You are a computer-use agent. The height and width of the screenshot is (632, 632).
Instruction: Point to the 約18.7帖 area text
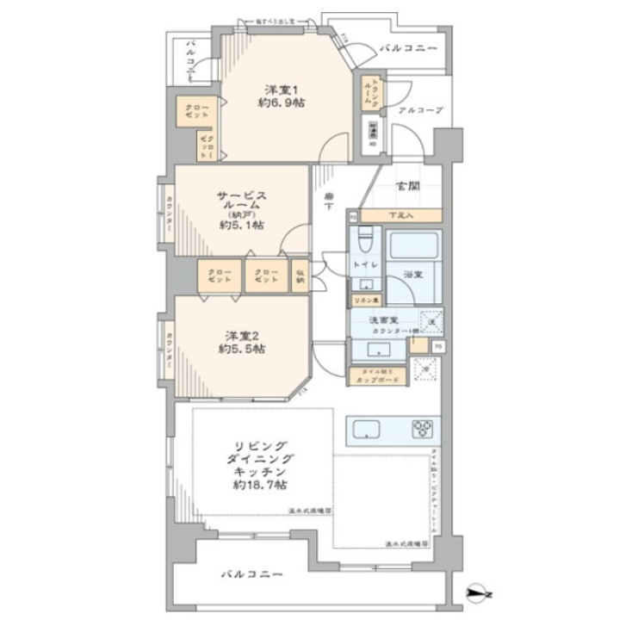[x=252, y=486]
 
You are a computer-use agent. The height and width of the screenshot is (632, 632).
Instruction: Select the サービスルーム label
[x=240, y=202]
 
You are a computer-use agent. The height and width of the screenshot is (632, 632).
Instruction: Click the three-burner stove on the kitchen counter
[x=423, y=428]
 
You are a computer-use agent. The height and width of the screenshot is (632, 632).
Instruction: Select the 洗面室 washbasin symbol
[x=376, y=349]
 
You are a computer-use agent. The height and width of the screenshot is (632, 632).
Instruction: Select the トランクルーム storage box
[x=367, y=90]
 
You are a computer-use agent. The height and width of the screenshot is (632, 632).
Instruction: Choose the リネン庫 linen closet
[x=363, y=301]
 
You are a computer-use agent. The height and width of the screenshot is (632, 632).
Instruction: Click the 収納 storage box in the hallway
[x=299, y=276]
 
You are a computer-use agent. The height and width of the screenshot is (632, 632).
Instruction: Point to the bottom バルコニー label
[x=251, y=573]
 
